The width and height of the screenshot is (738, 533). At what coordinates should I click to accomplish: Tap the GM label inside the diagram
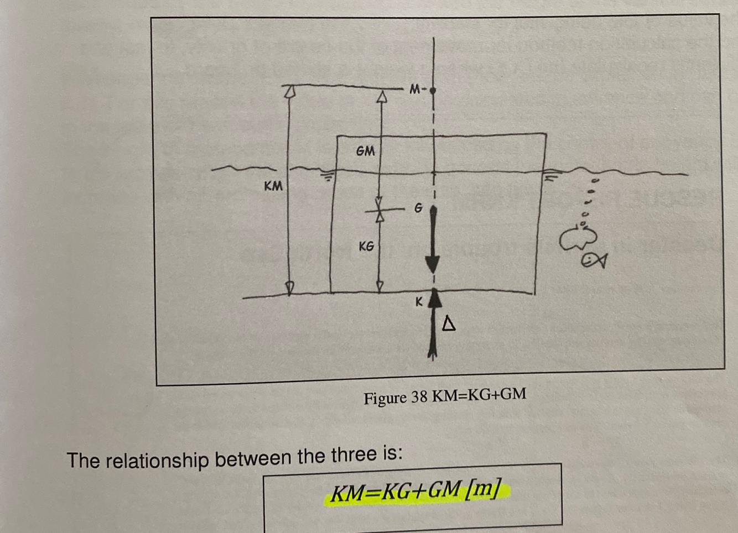point(365,150)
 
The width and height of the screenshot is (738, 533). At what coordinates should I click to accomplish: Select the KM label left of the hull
point(273,186)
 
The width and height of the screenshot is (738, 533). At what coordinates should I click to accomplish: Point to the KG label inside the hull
point(366,246)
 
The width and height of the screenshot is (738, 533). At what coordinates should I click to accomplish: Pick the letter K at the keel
point(419,302)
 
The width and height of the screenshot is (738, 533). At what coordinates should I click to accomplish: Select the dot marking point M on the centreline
point(433,90)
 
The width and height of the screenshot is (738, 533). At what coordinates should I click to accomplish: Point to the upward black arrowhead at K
point(435,299)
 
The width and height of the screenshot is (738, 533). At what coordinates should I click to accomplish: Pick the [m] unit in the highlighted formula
point(484,490)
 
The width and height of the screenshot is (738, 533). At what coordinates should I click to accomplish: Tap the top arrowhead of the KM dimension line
point(288,92)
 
